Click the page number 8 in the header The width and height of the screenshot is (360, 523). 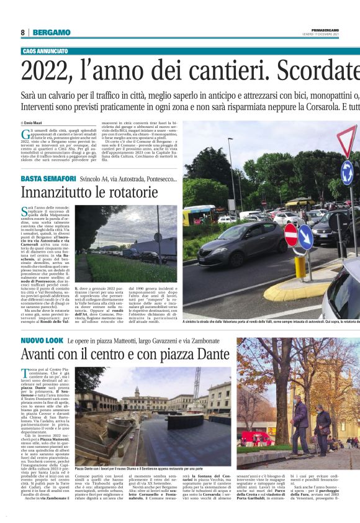(x=23, y=32)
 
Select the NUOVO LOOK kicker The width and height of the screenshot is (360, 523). (x=42, y=342)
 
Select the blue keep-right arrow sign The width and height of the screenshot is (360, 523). (x=305, y=237)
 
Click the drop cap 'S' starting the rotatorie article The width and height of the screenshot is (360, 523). (x=24, y=211)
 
